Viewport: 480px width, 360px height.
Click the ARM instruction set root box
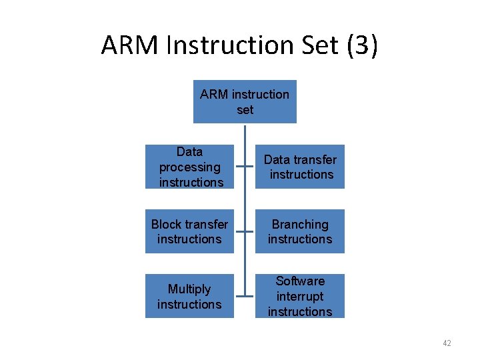245,102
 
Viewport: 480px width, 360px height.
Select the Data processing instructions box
189,167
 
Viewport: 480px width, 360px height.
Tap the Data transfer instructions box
300,167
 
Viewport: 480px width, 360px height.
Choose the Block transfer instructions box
189,231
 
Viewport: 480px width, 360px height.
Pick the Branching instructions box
300,231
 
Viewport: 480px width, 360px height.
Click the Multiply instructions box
189,296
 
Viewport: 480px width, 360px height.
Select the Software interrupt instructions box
300,296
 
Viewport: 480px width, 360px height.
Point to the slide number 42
447,343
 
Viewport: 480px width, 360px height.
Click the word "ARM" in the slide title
129,45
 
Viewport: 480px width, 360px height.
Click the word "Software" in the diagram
300,281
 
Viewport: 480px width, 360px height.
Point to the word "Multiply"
189,289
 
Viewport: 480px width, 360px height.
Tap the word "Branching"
300,225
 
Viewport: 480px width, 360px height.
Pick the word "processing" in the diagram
189,167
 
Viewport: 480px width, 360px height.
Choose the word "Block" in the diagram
169,225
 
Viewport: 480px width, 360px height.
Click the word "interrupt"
300,297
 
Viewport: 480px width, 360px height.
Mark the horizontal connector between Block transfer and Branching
245,232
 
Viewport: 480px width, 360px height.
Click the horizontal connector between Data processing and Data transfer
245,167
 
